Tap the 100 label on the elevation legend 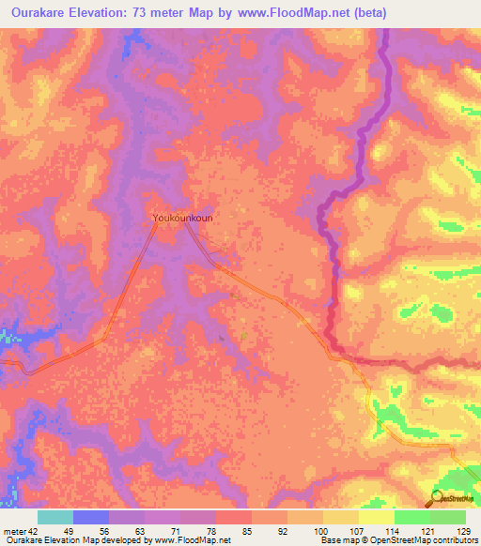pos(321,532)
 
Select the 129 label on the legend pos(462,532)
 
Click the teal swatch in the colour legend pos(55,517)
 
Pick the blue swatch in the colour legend pos(91,517)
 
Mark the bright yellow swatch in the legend pos(377,517)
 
